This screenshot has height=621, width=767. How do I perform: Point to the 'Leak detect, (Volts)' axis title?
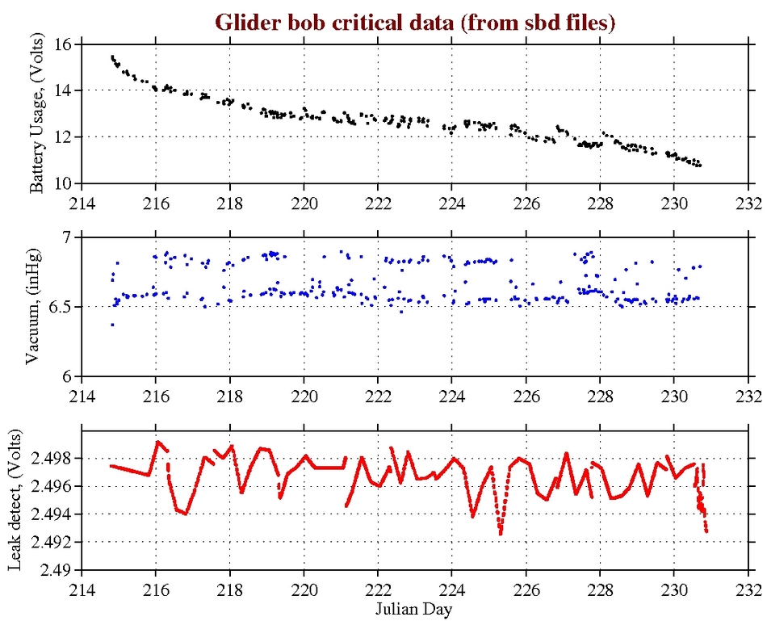(x=15, y=501)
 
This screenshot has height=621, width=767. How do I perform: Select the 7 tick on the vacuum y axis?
(x=67, y=237)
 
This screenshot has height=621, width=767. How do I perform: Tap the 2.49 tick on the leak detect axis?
(x=57, y=570)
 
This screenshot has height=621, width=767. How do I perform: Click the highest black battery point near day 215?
(x=112, y=57)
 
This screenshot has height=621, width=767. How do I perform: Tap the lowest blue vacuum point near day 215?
(x=112, y=325)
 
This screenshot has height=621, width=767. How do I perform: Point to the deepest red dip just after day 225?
(x=501, y=534)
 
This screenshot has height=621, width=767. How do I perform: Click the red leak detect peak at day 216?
(x=158, y=442)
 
